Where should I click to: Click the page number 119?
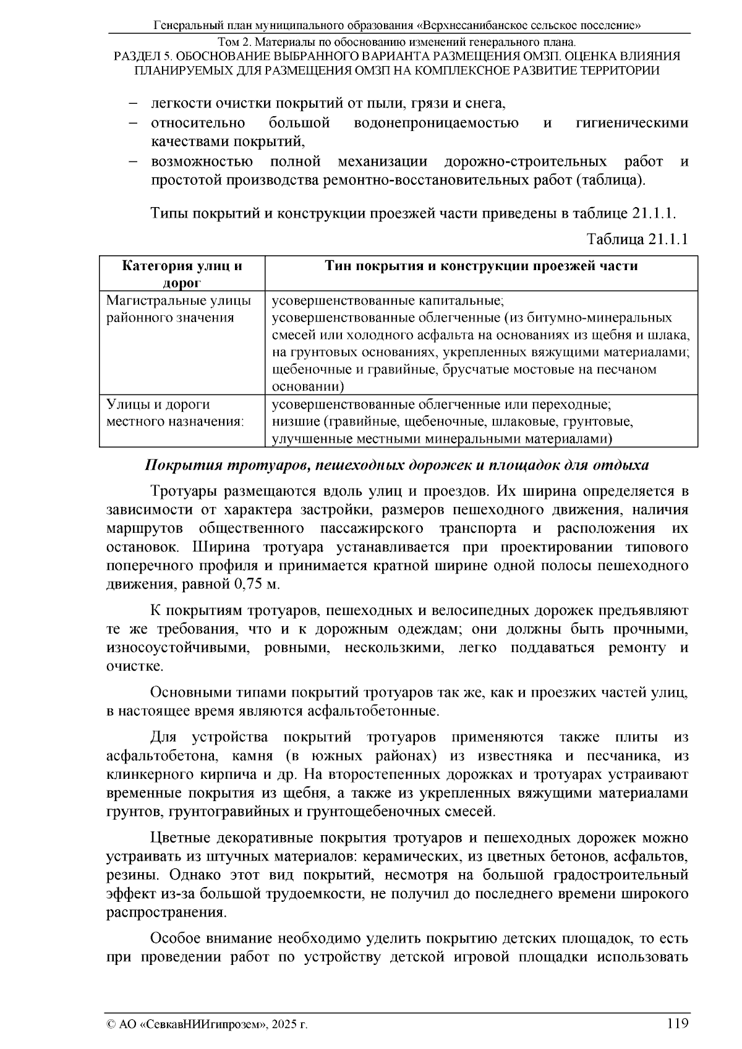point(678,1024)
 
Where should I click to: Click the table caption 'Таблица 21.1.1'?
point(638,239)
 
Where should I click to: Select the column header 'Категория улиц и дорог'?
point(182,274)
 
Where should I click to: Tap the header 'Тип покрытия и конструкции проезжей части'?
point(482,266)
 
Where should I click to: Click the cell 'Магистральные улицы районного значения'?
point(179,309)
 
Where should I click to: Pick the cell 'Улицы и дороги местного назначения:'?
point(175,413)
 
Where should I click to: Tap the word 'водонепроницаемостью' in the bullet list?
point(437,123)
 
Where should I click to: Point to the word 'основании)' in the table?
point(308,387)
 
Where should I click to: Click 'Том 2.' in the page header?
point(233,43)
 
